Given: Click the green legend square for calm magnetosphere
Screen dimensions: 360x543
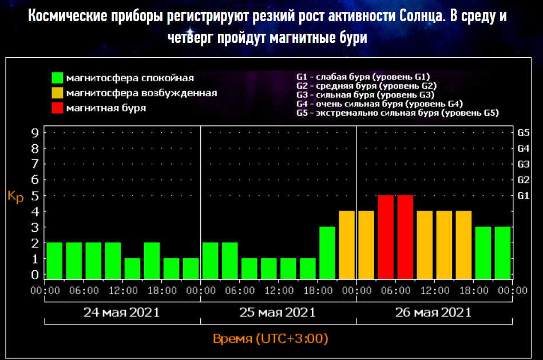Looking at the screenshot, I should click(x=57, y=78).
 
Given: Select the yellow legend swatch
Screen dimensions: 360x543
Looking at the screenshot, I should click(x=57, y=93).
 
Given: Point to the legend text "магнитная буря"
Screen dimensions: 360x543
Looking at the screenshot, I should click(x=106, y=108).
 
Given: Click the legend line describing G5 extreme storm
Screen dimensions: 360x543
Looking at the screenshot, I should click(x=397, y=113).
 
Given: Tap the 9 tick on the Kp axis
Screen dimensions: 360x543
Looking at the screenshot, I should click(x=35, y=133).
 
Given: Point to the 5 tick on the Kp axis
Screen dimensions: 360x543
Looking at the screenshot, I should click(x=35, y=196).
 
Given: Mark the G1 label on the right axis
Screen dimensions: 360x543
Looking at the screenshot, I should click(x=523, y=196).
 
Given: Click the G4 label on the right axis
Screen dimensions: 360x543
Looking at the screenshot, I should click(x=523, y=148).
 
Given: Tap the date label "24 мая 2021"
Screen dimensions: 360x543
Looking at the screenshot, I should click(x=122, y=312).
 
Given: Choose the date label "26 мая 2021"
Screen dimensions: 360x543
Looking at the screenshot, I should click(x=433, y=312).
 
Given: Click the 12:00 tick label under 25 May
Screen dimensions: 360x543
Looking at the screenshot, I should click(x=278, y=290).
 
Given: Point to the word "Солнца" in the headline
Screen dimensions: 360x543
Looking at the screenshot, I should click(x=415, y=15).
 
